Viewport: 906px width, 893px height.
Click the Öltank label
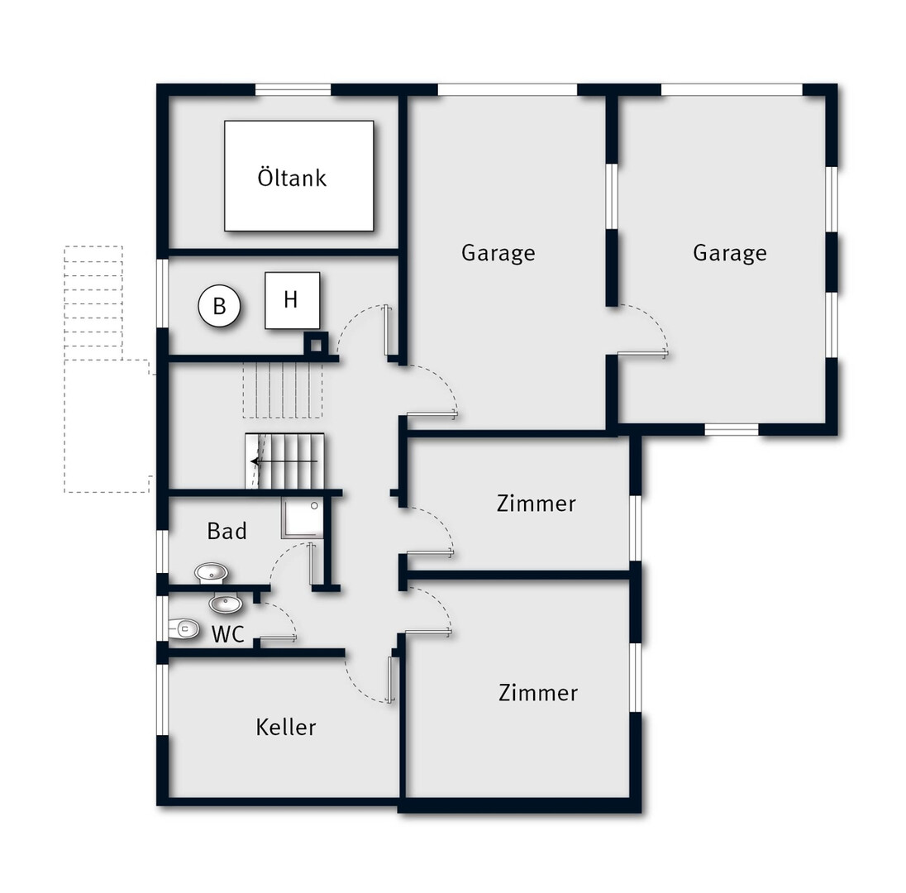tap(292, 178)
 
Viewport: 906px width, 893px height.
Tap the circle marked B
tap(219, 306)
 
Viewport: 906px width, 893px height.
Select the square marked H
tap(292, 300)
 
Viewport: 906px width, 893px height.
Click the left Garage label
tap(498, 253)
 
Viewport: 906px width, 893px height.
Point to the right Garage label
tap(730, 253)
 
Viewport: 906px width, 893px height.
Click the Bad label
tap(227, 531)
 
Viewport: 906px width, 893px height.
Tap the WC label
tap(228, 634)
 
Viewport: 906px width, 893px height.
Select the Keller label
tap(286, 727)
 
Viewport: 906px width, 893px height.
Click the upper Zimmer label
tap(536, 504)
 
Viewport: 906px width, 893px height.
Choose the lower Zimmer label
tap(538, 692)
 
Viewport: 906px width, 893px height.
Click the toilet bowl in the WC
tap(184, 628)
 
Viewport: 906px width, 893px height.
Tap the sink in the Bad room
tap(211, 573)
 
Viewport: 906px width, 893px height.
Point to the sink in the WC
tap(226, 604)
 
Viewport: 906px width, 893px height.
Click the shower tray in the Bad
tap(303, 518)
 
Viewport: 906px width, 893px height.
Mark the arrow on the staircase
tap(284, 461)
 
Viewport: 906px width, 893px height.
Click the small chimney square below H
tap(316, 345)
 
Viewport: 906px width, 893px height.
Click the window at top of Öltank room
tap(293, 89)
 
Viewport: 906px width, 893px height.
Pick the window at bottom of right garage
tap(732, 429)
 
